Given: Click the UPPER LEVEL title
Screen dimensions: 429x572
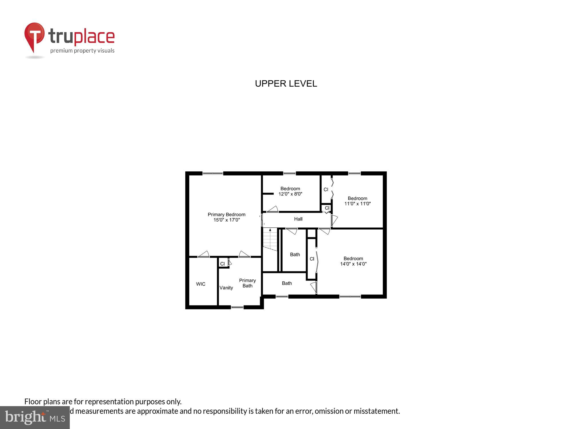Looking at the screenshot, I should coord(286,84).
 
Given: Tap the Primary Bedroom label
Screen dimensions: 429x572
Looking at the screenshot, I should coord(226,214).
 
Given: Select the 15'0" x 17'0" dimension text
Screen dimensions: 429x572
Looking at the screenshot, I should coord(226,220).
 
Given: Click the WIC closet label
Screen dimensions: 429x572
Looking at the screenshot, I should coord(200,284).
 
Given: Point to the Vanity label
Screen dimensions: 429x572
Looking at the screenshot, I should coord(226,288).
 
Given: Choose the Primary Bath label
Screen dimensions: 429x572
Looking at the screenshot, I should coord(247,283).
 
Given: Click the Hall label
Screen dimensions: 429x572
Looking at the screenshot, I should coord(298,219).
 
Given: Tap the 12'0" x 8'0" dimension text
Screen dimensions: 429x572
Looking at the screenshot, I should coord(290,194).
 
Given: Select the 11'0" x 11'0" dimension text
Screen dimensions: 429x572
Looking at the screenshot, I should coord(357,204).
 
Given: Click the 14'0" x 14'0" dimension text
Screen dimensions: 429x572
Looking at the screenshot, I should coord(353,264).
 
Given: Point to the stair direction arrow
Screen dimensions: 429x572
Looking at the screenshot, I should coord(270,230).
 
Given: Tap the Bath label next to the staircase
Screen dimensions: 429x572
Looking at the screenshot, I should coord(295,255).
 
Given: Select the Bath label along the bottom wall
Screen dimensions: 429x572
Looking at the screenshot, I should coord(287,283).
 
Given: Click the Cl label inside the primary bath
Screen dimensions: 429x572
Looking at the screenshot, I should coord(222,264).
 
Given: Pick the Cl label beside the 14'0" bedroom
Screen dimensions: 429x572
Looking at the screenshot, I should coord(312,259).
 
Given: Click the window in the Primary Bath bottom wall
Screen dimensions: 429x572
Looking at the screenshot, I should coord(237,307).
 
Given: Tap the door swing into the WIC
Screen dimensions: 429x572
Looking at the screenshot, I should coord(204,254).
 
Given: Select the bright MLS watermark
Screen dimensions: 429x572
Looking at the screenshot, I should coord(35,418).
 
